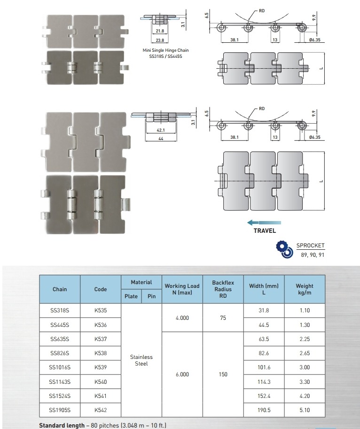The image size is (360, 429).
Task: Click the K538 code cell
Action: point(100,353)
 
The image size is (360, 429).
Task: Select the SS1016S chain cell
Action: point(60,367)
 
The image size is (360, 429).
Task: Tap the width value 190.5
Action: point(264,410)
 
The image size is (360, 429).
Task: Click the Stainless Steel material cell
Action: point(141,360)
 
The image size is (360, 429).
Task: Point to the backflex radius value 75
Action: point(223,318)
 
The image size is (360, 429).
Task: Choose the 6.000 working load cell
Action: point(182,374)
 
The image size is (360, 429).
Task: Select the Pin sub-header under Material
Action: point(151,296)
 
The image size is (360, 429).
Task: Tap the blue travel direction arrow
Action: point(265,222)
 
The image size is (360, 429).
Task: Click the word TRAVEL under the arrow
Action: point(265,231)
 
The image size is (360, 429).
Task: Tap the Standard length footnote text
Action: point(102,425)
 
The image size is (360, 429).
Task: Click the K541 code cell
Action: point(100,396)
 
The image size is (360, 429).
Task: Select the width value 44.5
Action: point(264,325)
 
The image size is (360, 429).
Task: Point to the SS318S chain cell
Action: point(60,310)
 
